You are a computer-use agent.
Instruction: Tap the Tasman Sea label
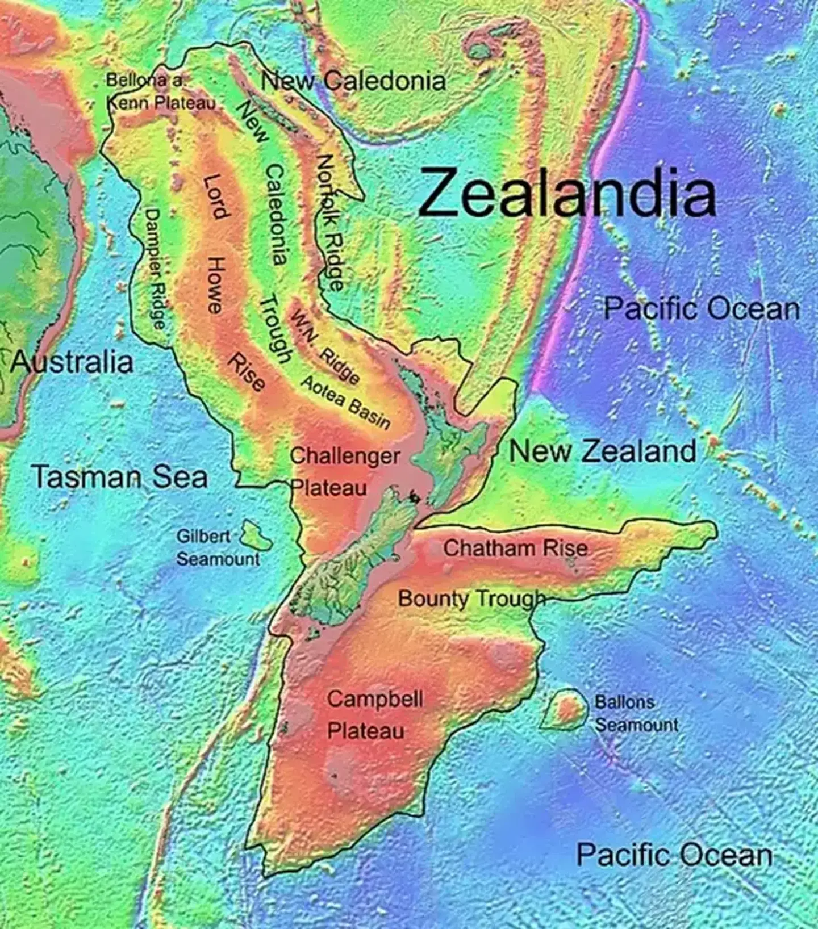tap(119, 476)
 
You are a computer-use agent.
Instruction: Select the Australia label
tap(72, 362)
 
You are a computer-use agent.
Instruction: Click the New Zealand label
tap(602, 451)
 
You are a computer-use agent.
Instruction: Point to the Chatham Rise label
tap(515, 548)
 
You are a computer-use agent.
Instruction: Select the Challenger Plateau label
tap(343, 471)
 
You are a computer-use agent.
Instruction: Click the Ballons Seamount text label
tap(635, 713)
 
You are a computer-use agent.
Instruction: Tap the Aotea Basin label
tap(345, 402)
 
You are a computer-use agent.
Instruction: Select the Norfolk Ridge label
tap(330, 221)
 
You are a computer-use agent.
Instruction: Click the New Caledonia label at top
tap(353, 81)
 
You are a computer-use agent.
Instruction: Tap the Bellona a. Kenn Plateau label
tap(160, 91)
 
